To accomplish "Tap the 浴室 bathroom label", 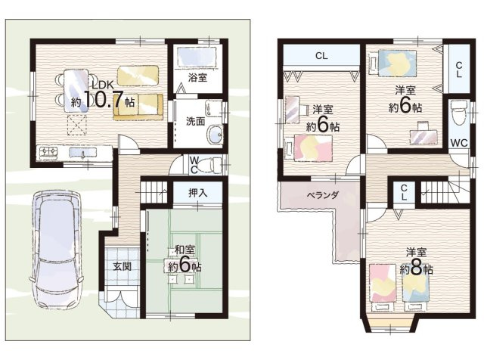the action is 197,77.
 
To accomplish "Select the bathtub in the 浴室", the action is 197,57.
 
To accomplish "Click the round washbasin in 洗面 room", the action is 215,135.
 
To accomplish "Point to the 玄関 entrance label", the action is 122,266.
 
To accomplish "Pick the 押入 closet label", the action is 198,193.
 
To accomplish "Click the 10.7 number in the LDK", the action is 104,99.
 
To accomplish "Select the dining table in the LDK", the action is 76,91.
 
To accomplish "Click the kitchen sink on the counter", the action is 82,153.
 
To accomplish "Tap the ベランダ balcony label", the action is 323,195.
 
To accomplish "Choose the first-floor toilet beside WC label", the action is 209,166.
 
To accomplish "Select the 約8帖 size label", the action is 416,269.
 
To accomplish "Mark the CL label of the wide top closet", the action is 321,56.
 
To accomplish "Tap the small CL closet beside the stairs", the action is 404,192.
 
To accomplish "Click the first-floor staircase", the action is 154,192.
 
